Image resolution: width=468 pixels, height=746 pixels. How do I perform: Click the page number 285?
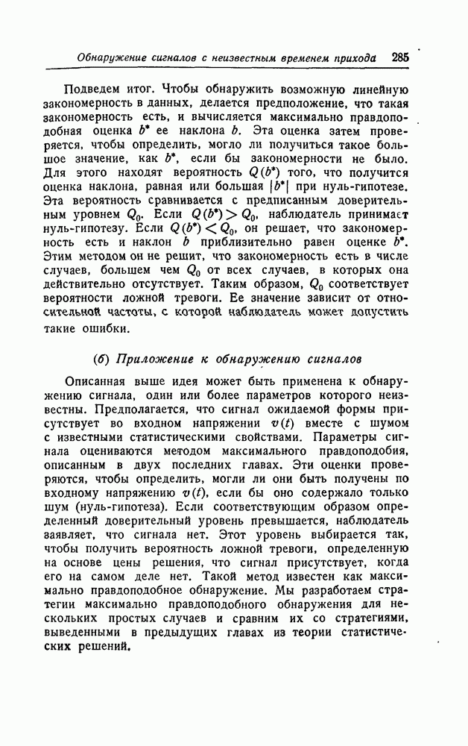pyautogui.click(x=399, y=57)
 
